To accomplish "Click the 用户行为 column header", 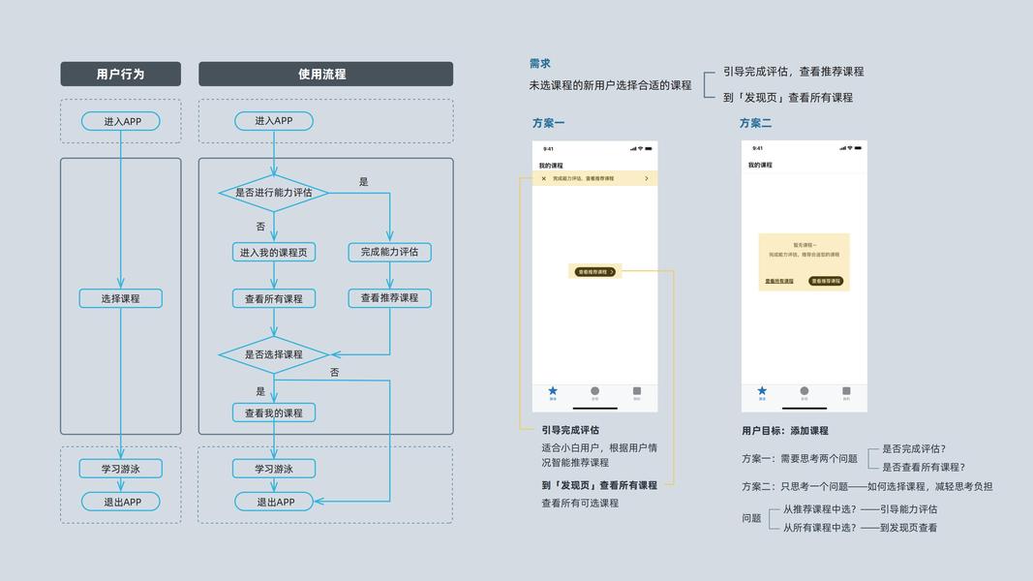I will (120, 74).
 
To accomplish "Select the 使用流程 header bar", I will (325, 74).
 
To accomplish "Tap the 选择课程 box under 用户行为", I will (120, 298).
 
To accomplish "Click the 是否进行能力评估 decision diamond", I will (274, 193).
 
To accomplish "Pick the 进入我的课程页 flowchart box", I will (274, 252).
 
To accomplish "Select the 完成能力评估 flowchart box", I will (389, 252).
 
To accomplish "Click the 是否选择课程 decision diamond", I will (274, 354).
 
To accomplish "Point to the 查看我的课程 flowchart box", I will (274, 413).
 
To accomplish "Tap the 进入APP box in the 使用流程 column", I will (274, 121).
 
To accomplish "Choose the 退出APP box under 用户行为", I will (120, 502).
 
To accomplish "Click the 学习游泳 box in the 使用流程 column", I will (274, 469).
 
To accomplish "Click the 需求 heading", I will (539, 64).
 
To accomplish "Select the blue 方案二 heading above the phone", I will (755, 123).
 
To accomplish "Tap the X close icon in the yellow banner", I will (543, 178).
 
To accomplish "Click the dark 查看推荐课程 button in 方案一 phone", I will (594, 272).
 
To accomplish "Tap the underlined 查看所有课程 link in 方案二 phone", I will (779, 281).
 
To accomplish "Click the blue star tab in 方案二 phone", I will (762, 391).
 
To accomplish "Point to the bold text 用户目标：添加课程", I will (785, 431).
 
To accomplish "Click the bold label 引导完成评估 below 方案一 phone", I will (570, 430).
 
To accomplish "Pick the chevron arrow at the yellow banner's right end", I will (647, 178).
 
